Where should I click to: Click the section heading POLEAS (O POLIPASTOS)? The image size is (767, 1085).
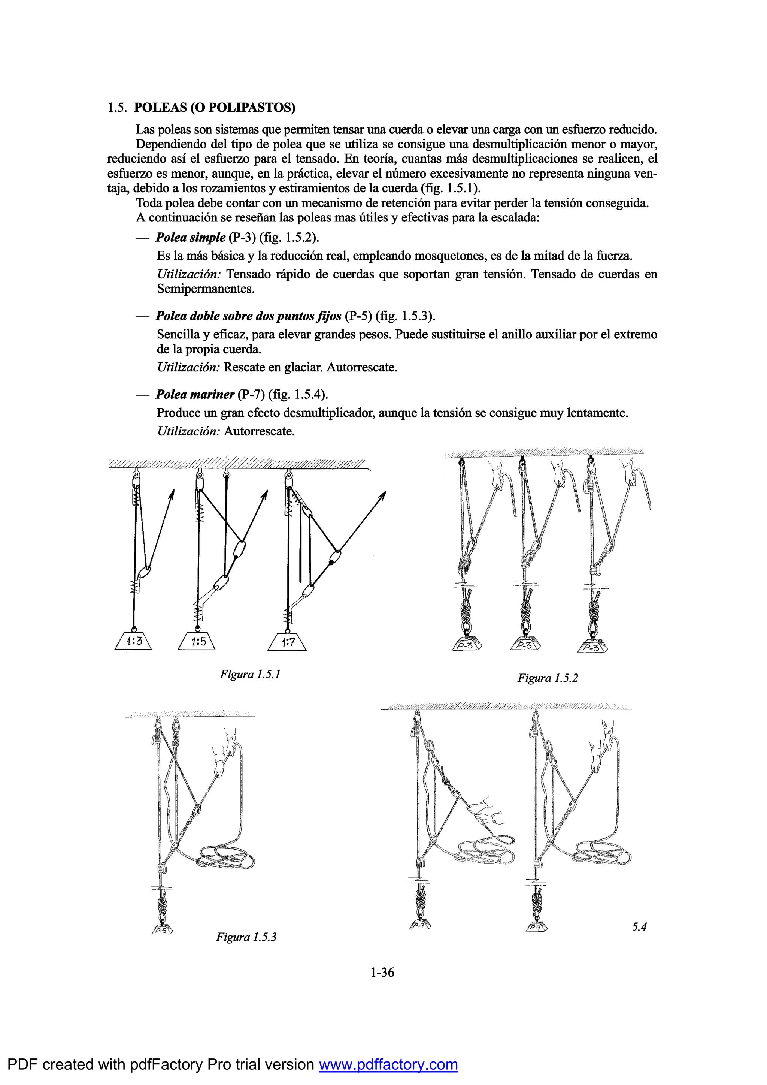coord(215,108)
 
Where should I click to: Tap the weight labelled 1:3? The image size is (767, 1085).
coord(134,642)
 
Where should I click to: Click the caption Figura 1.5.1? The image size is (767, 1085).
coord(250,674)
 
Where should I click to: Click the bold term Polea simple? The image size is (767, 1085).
coord(190,237)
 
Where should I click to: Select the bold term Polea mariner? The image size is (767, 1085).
coord(195,394)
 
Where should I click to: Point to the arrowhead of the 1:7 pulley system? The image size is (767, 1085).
coord(383,495)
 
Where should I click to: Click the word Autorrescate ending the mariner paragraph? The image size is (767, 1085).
coord(259,431)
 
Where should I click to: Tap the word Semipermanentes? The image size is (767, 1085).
coord(206,289)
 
